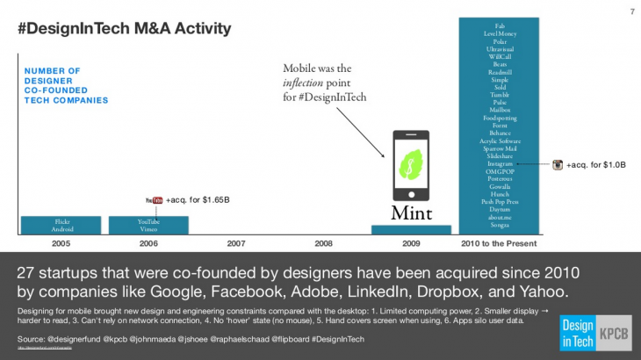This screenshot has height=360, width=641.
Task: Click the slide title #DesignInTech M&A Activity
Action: [x=124, y=29]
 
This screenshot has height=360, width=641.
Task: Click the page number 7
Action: [x=631, y=11]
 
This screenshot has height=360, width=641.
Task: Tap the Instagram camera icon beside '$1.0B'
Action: [x=557, y=164]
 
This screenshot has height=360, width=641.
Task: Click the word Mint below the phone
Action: [x=412, y=212]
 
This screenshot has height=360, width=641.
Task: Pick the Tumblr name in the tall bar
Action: [x=500, y=95]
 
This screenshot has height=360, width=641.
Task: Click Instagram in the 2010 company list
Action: [x=500, y=163]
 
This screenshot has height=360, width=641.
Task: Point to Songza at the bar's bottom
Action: [x=500, y=225]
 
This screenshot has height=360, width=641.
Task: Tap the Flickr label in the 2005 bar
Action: [x=61, y=221]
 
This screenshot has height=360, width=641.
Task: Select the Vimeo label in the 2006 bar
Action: [x=148, y=228]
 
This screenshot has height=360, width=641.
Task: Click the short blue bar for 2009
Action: [x=411, y=230]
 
